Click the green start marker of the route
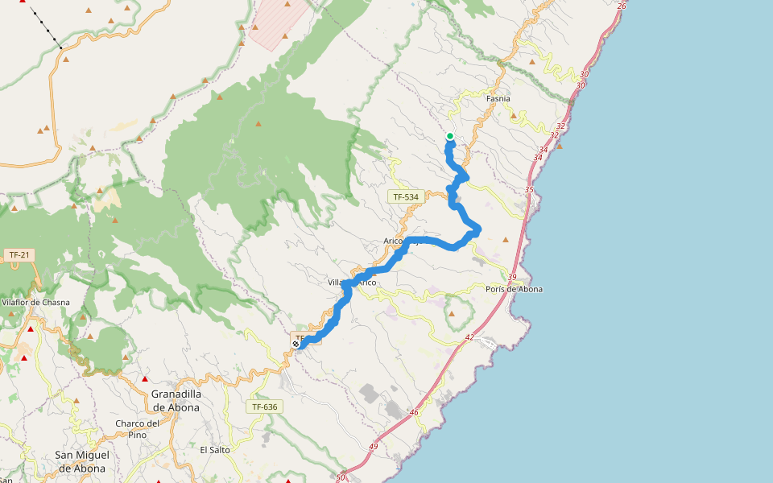pyautogui.click(x=450, y=136)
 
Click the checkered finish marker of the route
pyautogui.click(x=296, y=344)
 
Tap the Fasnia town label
pyautogui.click(x=499, y=98)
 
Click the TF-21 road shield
pyautogui.click(x=19, y=255)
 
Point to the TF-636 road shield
pyautogui.click(x=264, y=407)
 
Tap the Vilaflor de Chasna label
pyautogui.click(x=36, y=303)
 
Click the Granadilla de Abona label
pyautogui.click(x=176, y=400)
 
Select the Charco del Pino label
pyautogui.click(x=137, y=429)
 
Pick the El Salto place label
pyautogui.click(x=215, y=450)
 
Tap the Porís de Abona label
pyautogui.click(x=515, y=289)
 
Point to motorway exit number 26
pyautogui.click(x=621, y=6)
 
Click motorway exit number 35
pyautogui.click(x=529, y=190)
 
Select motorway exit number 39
pyautogui.click(x=512, y=277)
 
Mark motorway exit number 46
pyautogui.click(x=415, y=412)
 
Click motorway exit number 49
pyautogui.click(x=374, y=447)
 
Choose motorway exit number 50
pyautogui.click(x=341, y=477)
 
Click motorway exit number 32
pyautogui.click(x=560, y=126)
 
